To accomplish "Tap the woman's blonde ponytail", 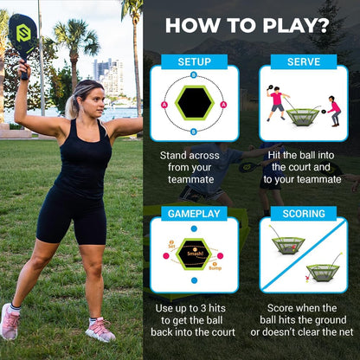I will pyautogui.click(x=70, y=106).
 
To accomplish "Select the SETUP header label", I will pyautogui.click(x=194, y=61).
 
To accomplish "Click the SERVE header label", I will pyautogui.click(x=303, y=61).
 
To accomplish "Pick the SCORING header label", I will pyautogui.click(x=303, y=213).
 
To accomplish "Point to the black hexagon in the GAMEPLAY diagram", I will pyautogui.click(x=194, y=254).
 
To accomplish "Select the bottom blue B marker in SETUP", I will pyautogui.click(x=194, y=132).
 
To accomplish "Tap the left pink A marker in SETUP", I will pyautogui.click(x=164, y=104).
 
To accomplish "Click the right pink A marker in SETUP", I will pyautogui.click(x=223, y=104).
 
